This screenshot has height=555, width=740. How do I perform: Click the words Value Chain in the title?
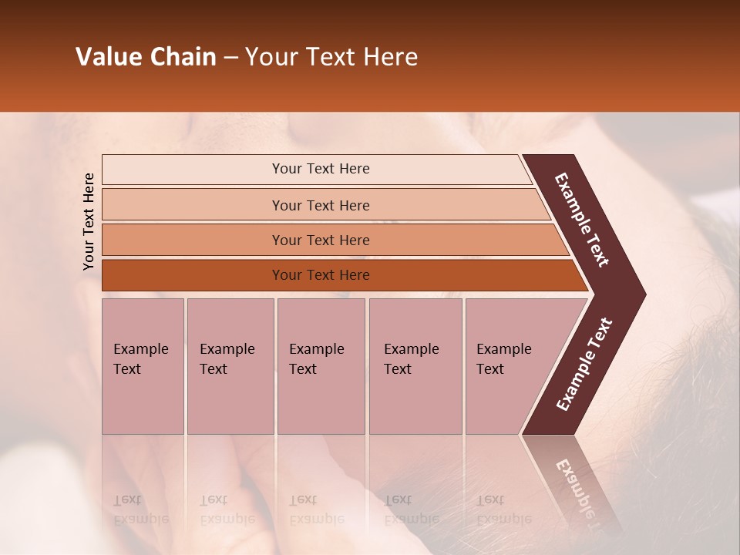[x=146, y=57]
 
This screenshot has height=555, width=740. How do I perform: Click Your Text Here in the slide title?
[x=331, y=57]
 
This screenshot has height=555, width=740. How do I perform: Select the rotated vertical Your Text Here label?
[x=89, y=221]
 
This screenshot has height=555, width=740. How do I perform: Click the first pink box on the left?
[x=143, y=366]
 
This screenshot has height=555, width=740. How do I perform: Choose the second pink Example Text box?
[x=230, y=366]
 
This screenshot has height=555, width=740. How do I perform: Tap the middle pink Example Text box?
[x=321, y=366]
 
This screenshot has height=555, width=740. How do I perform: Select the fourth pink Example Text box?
[x=415, y=366]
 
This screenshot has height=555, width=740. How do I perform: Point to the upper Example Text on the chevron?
[x=582, y=220]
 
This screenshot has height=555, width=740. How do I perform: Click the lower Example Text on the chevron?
[x=584, y=365]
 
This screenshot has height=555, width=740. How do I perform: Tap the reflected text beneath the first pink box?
[x=140, y=510]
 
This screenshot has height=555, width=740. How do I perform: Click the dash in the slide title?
[x=230, y=58]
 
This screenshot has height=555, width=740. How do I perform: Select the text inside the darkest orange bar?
[x=321, y=275]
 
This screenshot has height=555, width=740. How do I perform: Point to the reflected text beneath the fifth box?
[x=503, y=510]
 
